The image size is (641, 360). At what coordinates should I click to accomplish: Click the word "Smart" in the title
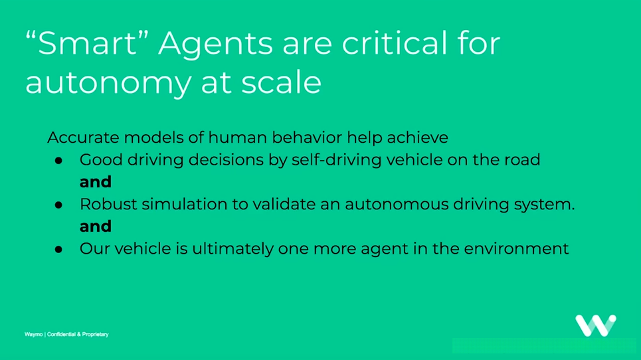click(x=86, y=43)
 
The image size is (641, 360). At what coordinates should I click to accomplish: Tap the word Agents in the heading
click(x=215, y=46)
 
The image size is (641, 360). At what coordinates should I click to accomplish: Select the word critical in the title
click(x=395, y=43)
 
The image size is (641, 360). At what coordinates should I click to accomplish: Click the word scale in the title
click(x=281, y=82)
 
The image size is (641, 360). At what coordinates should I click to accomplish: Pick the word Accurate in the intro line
click(x=83, y=137)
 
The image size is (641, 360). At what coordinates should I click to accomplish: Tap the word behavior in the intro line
click(x=307, y=137)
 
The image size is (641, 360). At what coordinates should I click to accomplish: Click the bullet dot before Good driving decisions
click(x=58, y=161)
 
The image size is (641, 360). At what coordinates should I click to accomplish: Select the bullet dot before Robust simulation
click(x=58, y=205)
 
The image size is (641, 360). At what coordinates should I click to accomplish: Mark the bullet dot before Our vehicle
click(x=58, y=250)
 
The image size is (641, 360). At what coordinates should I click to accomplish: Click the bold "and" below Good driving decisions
click(x=96, y=182)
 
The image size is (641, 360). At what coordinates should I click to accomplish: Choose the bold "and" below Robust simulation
click(x=96, y=226)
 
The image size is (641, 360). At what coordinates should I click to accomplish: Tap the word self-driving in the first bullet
click(x=337, y=160)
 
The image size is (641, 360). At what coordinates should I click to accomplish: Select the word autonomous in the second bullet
click(x=397, y=205)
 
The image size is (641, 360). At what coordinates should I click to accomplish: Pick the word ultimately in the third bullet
click(x=232, y=249)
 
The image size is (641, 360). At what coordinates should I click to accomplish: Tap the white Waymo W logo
click(x=596, y=325)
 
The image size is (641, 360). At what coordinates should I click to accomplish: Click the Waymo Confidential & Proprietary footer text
click(x=66, y=334)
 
